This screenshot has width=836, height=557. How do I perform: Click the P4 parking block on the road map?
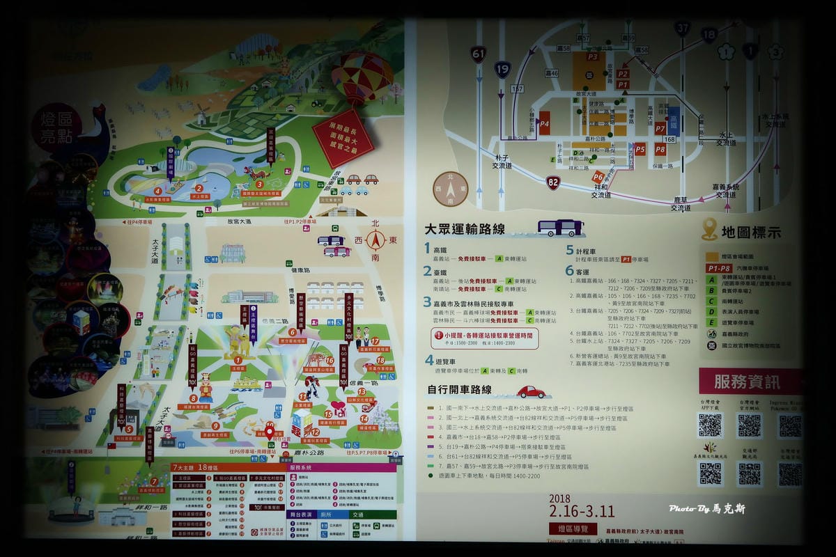point(544,123)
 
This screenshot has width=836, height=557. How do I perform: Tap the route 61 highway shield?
point(478,54)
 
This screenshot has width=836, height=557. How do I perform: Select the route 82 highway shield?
point(553,182)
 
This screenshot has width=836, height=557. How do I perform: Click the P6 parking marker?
point(598,178)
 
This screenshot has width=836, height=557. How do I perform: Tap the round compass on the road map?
point(450,189)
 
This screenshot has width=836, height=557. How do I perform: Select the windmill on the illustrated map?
point(202,113)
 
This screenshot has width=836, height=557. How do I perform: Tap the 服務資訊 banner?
point(748,382)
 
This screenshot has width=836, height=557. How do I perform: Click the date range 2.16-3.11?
point(582,511)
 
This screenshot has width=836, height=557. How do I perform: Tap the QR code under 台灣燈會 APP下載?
point(710,425)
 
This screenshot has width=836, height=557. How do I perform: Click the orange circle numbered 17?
point(375,341)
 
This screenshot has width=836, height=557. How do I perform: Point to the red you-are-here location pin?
point(270,432)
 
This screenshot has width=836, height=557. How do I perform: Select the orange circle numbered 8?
point(193,399)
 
